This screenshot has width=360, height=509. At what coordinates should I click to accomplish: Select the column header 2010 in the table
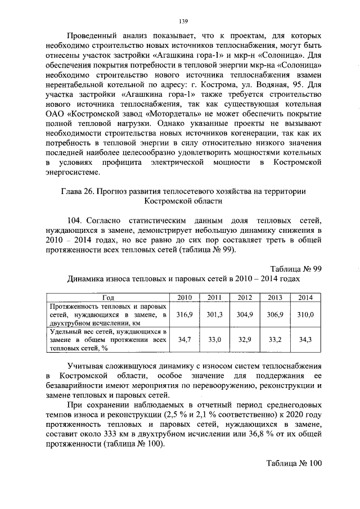tap(184, 297)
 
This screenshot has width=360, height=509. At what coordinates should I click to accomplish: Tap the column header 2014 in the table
tap(305, 297)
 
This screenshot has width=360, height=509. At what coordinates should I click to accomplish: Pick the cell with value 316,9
tap(184, 315)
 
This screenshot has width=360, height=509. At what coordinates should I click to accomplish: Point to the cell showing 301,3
tap(215, 315)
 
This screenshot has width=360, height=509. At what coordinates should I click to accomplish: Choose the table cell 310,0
tap(305, 315)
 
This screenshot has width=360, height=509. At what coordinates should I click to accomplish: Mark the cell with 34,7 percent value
tap(184, 340)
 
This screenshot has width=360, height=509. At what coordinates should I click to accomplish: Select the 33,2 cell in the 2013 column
tap(275, 340)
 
